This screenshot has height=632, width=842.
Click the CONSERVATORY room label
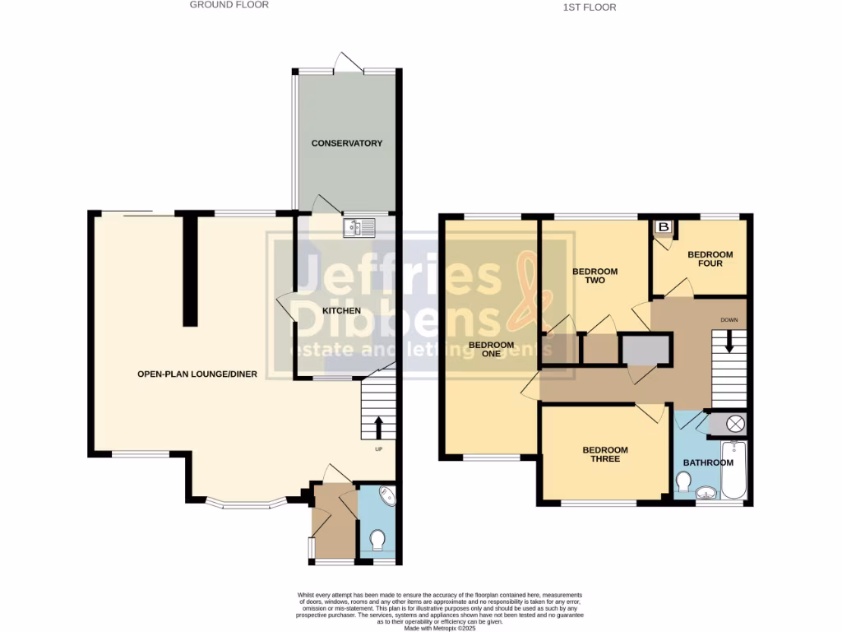tap(346, 143)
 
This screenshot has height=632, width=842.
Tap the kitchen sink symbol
tap(359, 226)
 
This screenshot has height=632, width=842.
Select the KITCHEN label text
tap(341, 310)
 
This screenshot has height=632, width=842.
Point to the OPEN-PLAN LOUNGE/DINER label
tap(197, 374)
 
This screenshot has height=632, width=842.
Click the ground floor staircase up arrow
tap(379, 426)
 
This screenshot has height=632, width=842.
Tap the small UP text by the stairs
tap(379, 449)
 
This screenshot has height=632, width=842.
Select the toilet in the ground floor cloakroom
tap(378, 540)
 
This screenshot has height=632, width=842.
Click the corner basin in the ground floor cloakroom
tap(386, 496)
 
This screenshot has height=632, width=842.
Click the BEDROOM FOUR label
tap(710, 258)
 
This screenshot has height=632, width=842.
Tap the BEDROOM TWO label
tap(594, 276)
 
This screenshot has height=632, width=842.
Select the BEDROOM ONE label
tap(492, 350)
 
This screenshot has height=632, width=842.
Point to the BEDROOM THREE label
tap(605, 454)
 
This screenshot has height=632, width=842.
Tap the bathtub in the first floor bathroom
tap(733, 471)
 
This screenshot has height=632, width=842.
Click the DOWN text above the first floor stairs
tap(729, 319)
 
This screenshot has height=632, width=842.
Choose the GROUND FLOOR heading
tap(229, 5)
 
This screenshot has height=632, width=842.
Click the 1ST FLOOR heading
tap(589, 7)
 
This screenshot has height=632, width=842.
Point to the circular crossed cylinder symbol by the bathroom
tap(735, 424)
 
